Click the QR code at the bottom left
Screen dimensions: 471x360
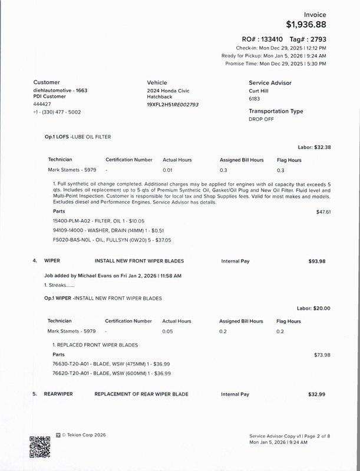click(x=39, y=447)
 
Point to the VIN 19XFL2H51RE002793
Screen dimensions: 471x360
click(x=173, y=104)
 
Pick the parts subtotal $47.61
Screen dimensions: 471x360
click(x=324, y=211)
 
